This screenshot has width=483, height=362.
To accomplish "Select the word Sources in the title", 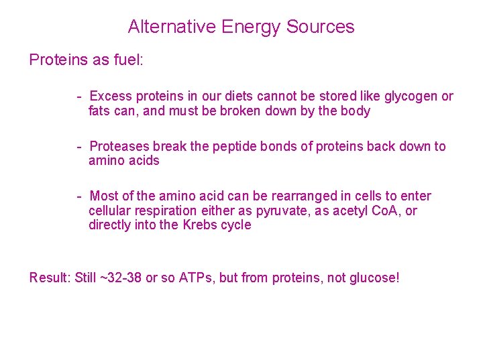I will (x=321, y=27).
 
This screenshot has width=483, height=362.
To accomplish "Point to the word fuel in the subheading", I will (x=128, y=60).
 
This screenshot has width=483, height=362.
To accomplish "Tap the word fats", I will (x=99, y=111).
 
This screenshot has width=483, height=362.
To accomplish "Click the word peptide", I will (x=232, y=146).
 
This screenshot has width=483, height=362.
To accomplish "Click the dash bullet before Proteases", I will (x=79, y=146).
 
